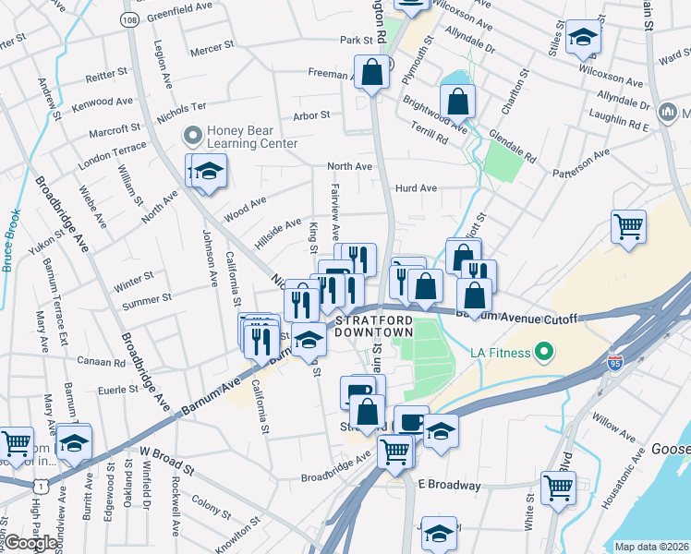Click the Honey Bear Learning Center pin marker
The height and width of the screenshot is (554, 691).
[x=193, y=137]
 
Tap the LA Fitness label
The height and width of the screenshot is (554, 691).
[x=499, y=352]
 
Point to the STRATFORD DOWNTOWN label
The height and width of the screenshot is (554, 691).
[x=373, y=325]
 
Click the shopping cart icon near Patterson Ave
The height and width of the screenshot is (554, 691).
[x=628, y=226]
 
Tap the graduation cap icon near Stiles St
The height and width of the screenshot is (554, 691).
[x=583, y=39]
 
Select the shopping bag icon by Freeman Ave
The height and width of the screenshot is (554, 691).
[x=371, y=73]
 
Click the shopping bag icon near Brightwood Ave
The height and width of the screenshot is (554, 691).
[x=457, y=101]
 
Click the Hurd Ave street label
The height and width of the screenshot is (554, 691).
[x=416, y=188]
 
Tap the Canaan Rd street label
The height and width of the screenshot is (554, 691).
[x=101, y=360]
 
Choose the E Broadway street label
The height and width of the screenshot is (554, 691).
[x=449, y=485]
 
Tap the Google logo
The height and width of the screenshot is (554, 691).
[x=30, y=543]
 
